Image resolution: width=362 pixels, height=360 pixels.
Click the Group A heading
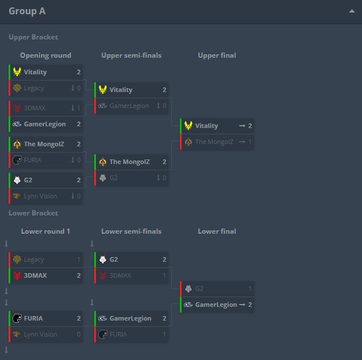[x=27, y=11]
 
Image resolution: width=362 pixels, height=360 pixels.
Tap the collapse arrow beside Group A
[x=352, y=11]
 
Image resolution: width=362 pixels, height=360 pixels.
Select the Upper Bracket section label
[x=33, y=37]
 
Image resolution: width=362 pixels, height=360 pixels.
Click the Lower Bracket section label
[x=33, y=213]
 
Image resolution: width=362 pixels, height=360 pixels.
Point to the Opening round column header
[x=46, y=55]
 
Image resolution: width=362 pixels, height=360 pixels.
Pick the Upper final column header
[x=217, y=55]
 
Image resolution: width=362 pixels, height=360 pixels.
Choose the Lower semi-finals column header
[x=131, y=231]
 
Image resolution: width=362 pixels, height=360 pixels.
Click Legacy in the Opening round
[x=34, y=88]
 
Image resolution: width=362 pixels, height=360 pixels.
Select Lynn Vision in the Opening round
[x=41, y=196]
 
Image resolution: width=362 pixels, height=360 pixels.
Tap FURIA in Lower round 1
[x=33, y=318]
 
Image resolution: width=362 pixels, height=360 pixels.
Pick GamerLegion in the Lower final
[x=216, y=305]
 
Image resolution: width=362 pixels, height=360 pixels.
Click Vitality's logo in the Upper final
[x=188, y=126]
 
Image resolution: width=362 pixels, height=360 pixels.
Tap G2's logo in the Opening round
[x=17, y=180]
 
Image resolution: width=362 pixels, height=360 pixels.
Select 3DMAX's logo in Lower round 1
[x=17, y=275]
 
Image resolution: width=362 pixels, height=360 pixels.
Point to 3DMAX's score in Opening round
[x=78, y=108]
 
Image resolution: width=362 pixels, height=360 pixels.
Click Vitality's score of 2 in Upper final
[x=250, y=126]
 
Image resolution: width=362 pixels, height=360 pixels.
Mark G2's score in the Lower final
[x=250, y=289]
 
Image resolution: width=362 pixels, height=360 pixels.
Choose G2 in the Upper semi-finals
[x=114, y=178]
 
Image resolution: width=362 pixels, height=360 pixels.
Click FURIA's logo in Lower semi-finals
[x=103, y=334]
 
